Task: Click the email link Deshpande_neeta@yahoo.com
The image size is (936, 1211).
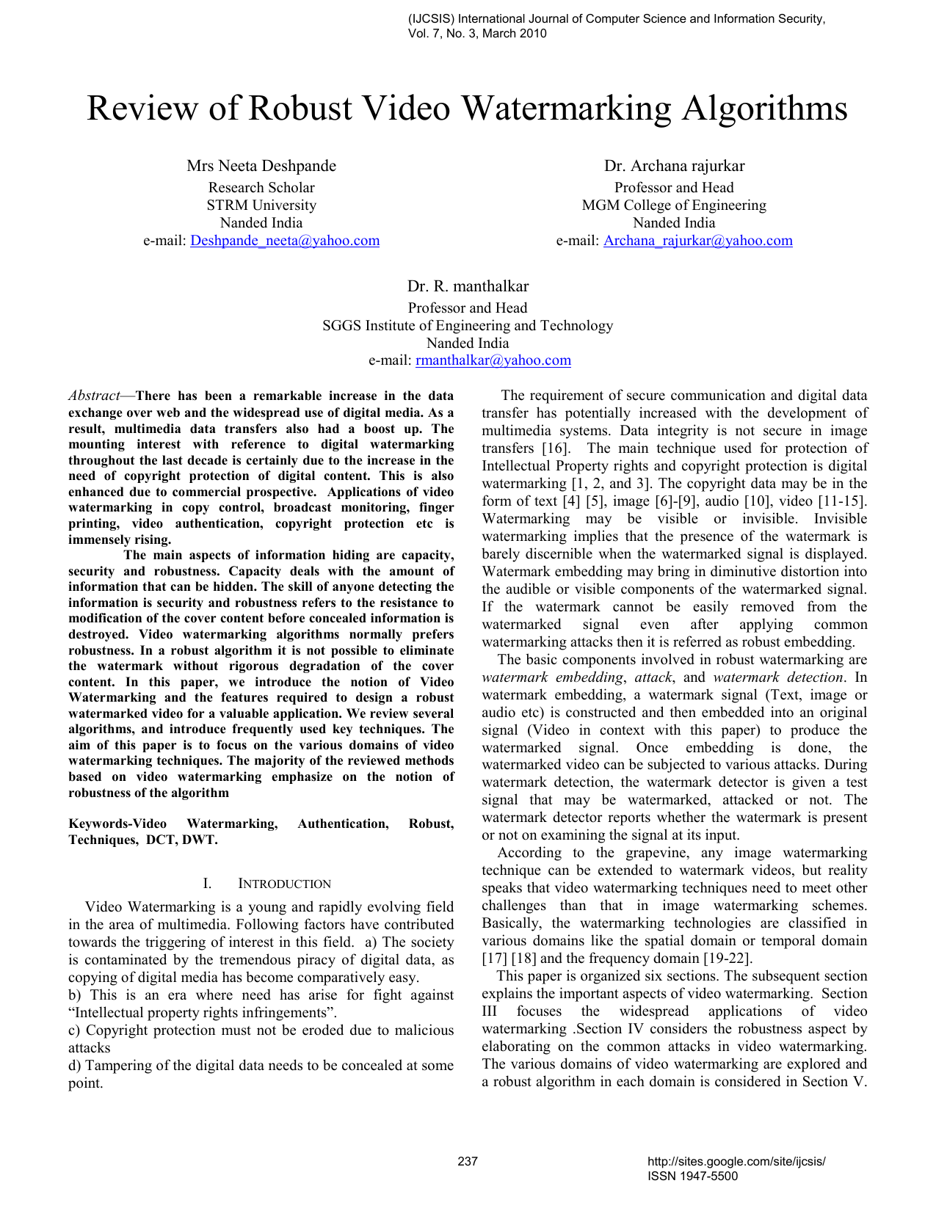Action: pyautogui.click(x=285, y=241)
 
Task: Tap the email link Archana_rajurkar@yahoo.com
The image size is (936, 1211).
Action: pyautogui.click(x=697, y=241)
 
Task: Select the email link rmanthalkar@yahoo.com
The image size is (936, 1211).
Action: pyautogui.click(x=493, y=360)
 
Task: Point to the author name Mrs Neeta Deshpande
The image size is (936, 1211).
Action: pyautogui.click(x=261, y=166)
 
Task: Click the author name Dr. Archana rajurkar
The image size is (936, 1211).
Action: pyautogui.click(x=674, y=166)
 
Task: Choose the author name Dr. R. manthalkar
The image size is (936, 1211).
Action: pyautogui.click(x=468, y=286)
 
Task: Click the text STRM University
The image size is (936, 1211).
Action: pyautogui.click(x=261, y=206)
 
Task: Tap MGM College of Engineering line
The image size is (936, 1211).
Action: pyautogui.click(x=674, y=206)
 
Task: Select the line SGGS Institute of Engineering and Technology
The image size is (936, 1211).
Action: pyautogui.click(x=468, y=325)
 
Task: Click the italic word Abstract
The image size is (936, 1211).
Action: pyautogui.click(x=94, y=396)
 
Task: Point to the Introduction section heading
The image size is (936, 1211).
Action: pyautogui.click(x=284, y=884)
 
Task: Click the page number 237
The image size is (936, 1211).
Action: pyautogui.click(x=468, y=1161)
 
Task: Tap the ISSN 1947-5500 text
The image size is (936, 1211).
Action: pyautogui.click(x=692, y=1176)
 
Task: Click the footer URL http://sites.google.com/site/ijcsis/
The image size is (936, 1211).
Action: pyautogui.click(x=736, y=1161)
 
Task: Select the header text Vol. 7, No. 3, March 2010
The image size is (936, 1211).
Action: pyautogui.click(x=477, y=33)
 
